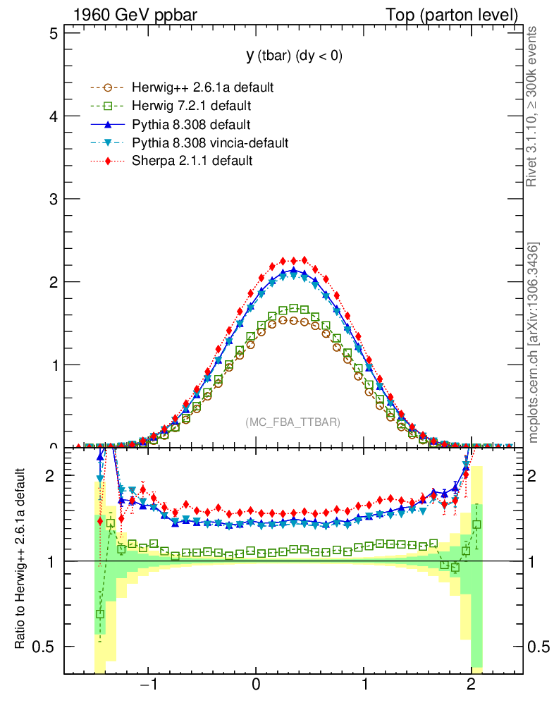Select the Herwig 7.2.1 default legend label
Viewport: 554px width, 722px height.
(192, 106)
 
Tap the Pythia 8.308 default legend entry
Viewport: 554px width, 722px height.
(191, 125)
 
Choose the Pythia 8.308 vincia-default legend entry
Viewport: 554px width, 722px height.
(210, 143)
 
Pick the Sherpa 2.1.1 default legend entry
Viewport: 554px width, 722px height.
(192, 161)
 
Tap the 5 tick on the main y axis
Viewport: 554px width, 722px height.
(53, 33)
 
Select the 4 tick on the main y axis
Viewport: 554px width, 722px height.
(53, 116)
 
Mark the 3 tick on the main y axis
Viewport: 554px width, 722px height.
(53, 199)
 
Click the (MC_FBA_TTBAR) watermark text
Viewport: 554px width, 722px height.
(293, 422)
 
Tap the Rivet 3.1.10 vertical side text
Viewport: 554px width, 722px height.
(533, 106)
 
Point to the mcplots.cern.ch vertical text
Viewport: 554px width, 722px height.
(534, 343)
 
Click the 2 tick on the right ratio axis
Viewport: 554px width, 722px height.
(537, 476)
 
